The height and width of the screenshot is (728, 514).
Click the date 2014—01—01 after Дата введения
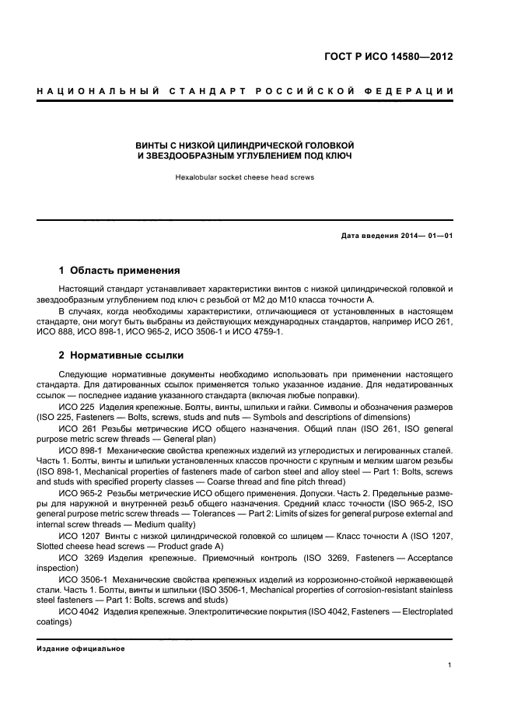426,236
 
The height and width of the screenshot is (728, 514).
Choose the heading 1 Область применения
120,271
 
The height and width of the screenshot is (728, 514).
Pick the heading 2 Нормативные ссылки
121,355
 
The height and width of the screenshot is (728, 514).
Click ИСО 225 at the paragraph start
75,407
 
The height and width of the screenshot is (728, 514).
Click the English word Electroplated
425,611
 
